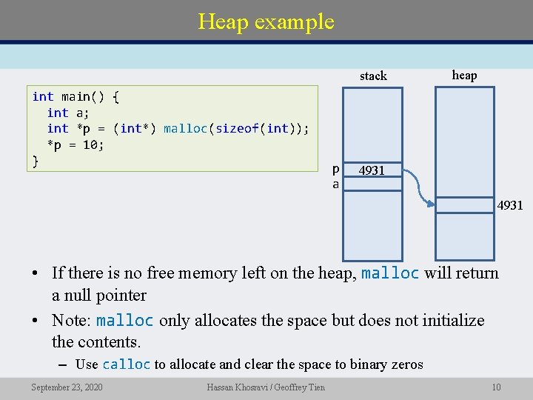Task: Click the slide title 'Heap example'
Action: point(266,21)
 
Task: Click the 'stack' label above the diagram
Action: point(373,76)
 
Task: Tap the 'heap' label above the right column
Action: point(464,75)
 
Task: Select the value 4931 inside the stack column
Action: point(372,170)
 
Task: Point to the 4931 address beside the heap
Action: point(509,205)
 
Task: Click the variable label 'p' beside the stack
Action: point(335,169)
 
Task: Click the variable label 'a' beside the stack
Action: point(335,184)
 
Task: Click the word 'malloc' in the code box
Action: point(185,129)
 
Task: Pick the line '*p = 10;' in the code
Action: point(76,145)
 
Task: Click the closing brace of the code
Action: point(36,161)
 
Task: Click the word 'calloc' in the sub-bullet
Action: point(126,364)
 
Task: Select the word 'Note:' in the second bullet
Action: point(72,321)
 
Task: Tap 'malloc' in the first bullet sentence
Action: point(390,273)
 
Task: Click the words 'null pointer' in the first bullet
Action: point(99,296)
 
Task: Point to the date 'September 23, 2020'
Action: point(67,387)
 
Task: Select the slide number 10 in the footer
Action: point(496,387)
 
